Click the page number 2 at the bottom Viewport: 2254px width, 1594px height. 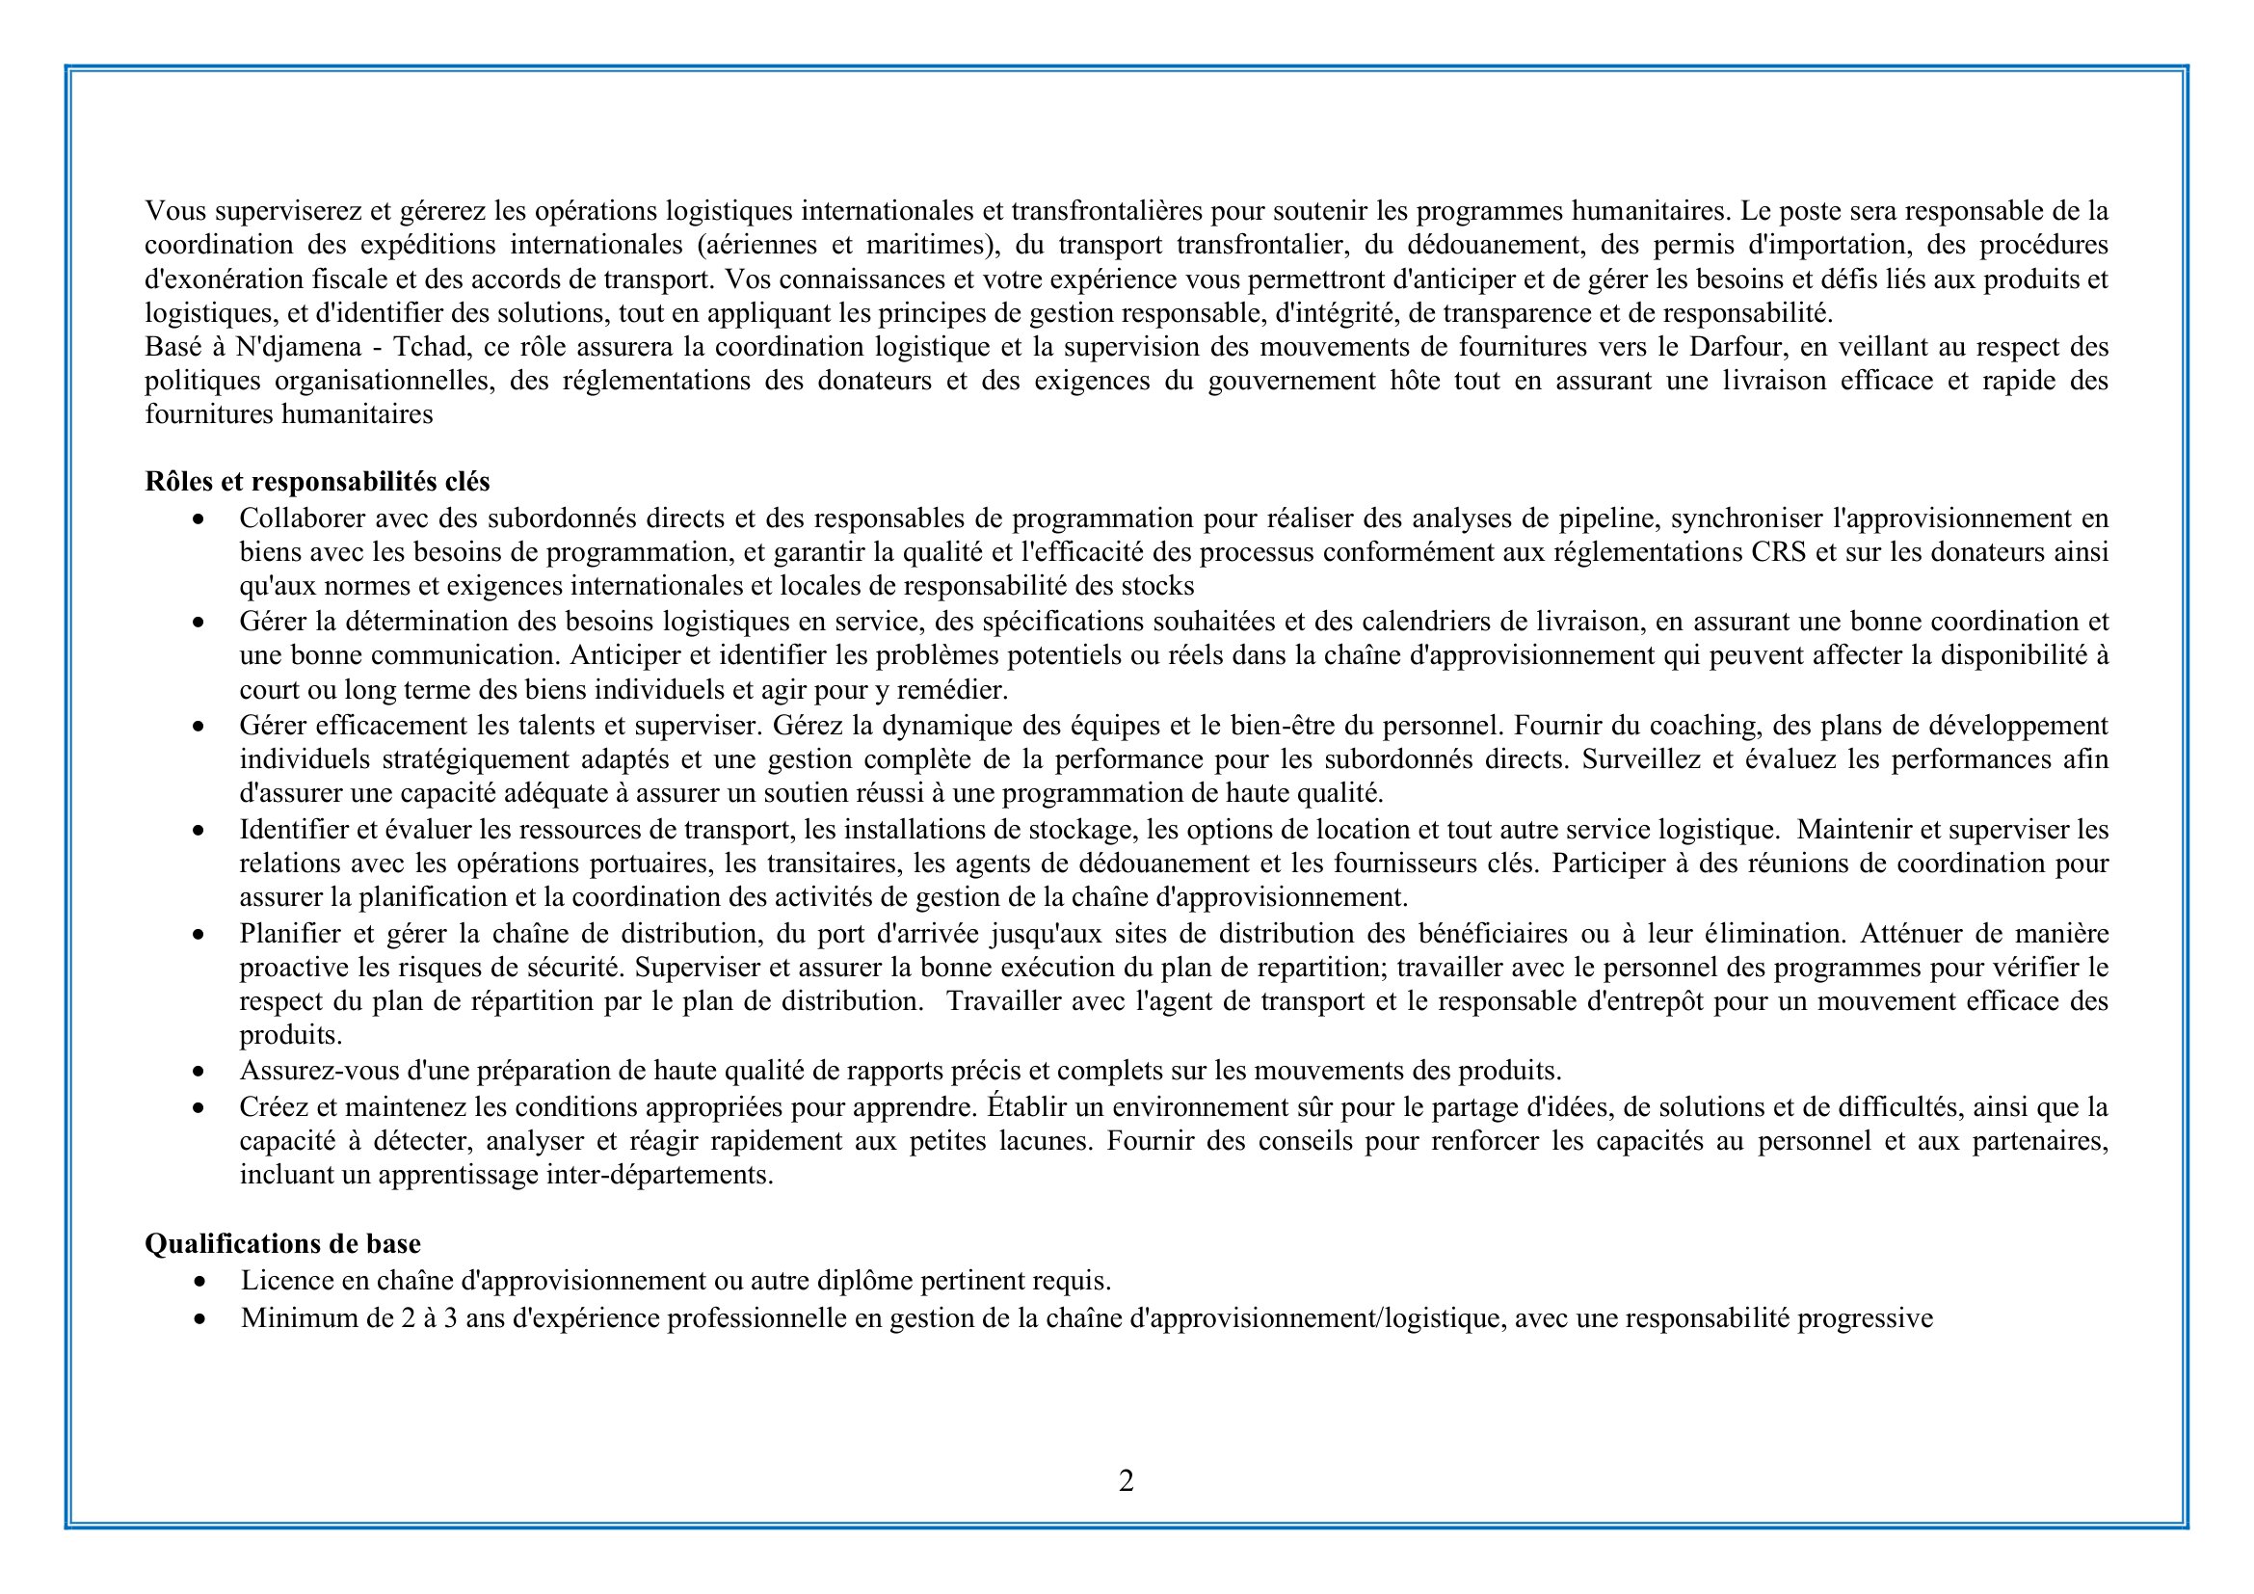1126,1480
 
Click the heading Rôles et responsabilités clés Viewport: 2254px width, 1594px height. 317,482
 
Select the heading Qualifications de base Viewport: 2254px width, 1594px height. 282,1243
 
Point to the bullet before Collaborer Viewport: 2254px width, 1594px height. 199,519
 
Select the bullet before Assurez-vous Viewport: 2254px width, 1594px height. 199,1072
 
